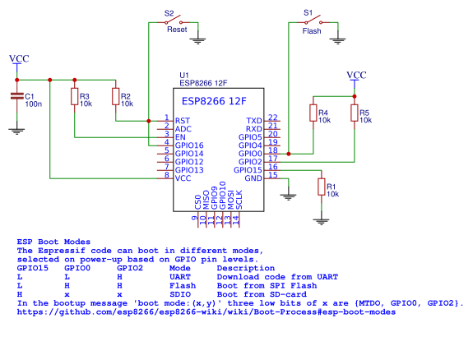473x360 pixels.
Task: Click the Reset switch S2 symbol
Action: (x=173, y=21)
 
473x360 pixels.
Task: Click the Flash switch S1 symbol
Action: (x=313, y=21)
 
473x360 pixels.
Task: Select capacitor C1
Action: (x=17, y=96)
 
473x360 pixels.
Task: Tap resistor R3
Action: (x=75, y=96)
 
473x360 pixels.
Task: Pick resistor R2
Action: (x=115, y=96)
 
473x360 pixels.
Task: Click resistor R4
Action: (x=313, y=113)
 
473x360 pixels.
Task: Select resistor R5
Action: (x=355, y=113)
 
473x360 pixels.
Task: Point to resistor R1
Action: (x=322, y=187)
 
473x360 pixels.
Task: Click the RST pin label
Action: (x=183, y=121)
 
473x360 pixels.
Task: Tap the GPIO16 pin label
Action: (x=189, y=145)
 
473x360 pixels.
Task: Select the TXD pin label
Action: (x=254, y=121)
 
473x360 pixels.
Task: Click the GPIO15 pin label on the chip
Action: (x=248, y=170)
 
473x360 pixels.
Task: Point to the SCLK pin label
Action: (x=239, y=200)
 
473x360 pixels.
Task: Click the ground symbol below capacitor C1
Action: (x=17, y=132)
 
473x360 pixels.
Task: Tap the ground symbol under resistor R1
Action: (x=322, y=222)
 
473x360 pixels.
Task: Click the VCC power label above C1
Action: (x=19, y=58)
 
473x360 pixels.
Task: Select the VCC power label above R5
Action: (x=356, y=75)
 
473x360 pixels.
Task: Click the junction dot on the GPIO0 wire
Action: (x=289, y=154)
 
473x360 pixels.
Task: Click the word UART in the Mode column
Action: (x=180, y=277)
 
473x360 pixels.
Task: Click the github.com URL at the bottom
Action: (x=206, y=312)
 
